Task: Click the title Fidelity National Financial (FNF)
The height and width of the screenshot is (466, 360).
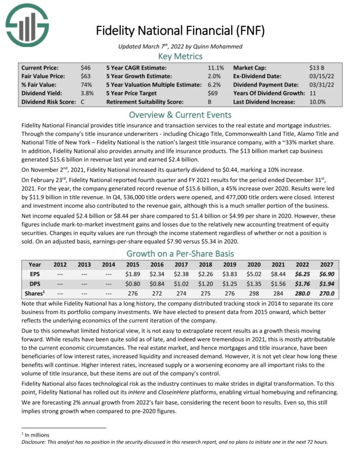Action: coord(181,31)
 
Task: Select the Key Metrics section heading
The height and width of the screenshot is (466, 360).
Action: coord(181,56)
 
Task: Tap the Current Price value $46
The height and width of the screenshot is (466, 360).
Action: coord(86,67)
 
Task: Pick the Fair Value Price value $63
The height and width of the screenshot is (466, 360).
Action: coord(86,76)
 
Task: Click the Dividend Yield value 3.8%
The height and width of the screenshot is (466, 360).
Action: coord(87,93)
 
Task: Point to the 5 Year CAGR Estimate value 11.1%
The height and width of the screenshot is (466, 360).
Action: coord(216,67)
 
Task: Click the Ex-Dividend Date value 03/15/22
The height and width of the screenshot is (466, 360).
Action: coord(320,76)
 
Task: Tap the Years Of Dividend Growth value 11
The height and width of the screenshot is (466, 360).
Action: coord(312,93)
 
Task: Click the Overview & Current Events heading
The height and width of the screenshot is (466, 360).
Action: coord(181,115)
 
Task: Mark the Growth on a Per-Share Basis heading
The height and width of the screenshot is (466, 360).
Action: coord(181,254)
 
